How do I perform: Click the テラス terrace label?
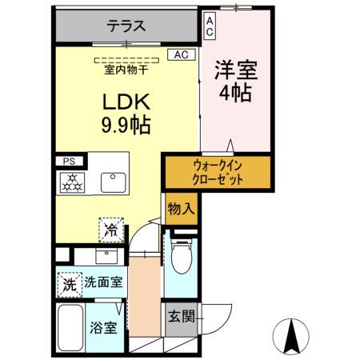click(x=127, y=26)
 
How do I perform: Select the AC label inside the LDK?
click(x=181, y=55)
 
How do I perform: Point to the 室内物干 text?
click(x=128, y=70)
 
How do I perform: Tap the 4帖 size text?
click(x=234, y=93)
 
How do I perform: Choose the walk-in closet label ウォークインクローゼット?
click(x=218, y=172)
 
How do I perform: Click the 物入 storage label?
click(x=180, y=210)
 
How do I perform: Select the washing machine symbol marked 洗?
click(x=70, y=283)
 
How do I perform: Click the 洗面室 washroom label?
click(x=105, y=282)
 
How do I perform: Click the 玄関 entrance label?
click(x=181, y=317)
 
